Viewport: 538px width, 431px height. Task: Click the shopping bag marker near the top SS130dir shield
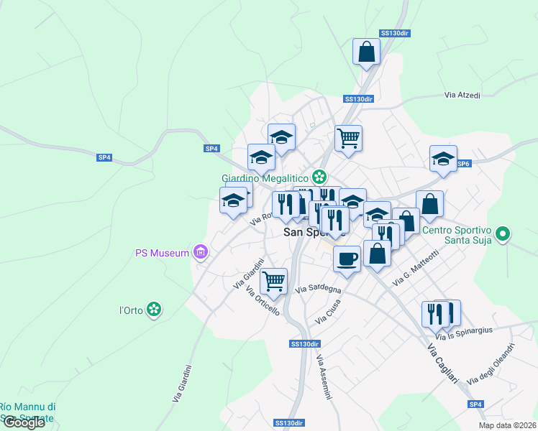tap(366, 52)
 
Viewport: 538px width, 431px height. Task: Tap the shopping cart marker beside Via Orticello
tap(273, 282)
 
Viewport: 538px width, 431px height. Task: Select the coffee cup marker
tap(347, 259)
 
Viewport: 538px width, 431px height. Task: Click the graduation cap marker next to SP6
tap(443, 159)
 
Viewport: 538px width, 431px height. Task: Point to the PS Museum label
tap(162, 253)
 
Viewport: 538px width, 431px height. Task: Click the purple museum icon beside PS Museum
tap(201, 252)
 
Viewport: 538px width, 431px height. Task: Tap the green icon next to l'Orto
tap(152, 310)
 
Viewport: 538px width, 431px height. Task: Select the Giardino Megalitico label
tap(265, 177)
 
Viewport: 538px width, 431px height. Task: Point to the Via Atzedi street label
tap(462, 95)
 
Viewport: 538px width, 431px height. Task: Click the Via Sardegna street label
tap(319, 289)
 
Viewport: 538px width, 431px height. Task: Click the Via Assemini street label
tap(324, 378)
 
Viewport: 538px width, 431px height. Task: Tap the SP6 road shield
tap(463, 164)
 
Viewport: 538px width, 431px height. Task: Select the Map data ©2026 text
tap(507, 425)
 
